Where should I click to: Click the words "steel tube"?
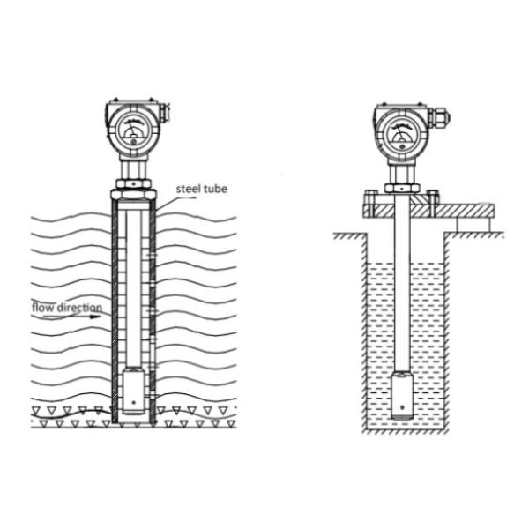(x=201, y=189)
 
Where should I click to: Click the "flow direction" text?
(x=67, y=308)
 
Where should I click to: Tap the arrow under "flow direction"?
(x=72, y=317)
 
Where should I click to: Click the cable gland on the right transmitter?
(x=440, y=118)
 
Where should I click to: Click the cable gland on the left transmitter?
(x=164, y=112)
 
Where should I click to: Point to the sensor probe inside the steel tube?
(x=134, y=391)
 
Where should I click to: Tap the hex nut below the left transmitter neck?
(x=133, y=184)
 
